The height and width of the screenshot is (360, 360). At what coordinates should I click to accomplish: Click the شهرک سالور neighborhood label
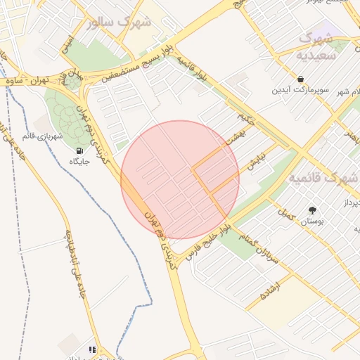(120, 22)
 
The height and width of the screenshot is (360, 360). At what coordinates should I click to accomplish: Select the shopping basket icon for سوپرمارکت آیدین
(302, 79)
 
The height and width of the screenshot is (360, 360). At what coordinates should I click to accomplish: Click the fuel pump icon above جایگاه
(78, 150)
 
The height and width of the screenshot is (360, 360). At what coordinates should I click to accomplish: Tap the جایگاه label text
(78, 162)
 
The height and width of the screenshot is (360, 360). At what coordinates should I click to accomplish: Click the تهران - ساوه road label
(27, 82)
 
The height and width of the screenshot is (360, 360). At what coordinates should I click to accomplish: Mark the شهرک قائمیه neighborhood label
(323, 179)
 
